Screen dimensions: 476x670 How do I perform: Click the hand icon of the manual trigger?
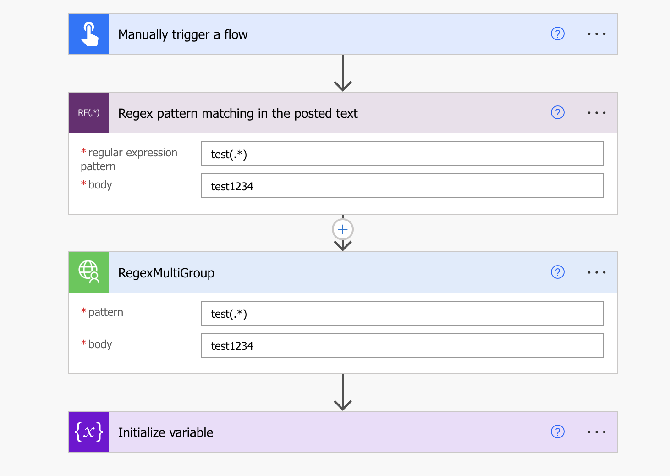click(x=89, y=34)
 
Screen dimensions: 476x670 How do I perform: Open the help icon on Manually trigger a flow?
click(x=557, y=34)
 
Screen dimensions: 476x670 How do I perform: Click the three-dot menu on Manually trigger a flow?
click(x=596, y=34)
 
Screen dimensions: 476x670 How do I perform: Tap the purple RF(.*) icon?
click(x=89, y=113)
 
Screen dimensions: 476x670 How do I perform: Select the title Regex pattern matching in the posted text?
click(x=237, y=113)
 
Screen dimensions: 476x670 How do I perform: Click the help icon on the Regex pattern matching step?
click(x=557, y=113)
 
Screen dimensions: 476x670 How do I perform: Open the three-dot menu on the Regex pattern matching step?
click(x=596, y=113)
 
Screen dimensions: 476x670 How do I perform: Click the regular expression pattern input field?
click(x=402, y=154)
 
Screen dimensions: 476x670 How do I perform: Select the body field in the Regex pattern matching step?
click(x=402, y=186)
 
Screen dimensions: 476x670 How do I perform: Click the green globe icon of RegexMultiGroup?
click(x=89, y=272)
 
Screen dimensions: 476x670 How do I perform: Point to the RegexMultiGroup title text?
click(x=166, y=273)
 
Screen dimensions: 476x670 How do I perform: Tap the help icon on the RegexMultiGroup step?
click(x=557, y=272)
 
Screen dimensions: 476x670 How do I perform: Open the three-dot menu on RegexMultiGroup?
click(x=596, y=272)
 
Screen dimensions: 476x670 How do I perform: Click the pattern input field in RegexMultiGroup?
click(x=402, y=314)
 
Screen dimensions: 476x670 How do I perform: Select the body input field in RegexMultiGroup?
click(x=402, y=346)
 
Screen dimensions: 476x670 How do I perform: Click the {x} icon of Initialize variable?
click(x=89, y=432)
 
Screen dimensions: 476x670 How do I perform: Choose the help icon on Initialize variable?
click(x=557, y=432)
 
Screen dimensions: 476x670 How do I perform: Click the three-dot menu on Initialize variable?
click(x=596, y=432)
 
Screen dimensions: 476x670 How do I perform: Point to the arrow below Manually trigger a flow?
click(x=343, y=73)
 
